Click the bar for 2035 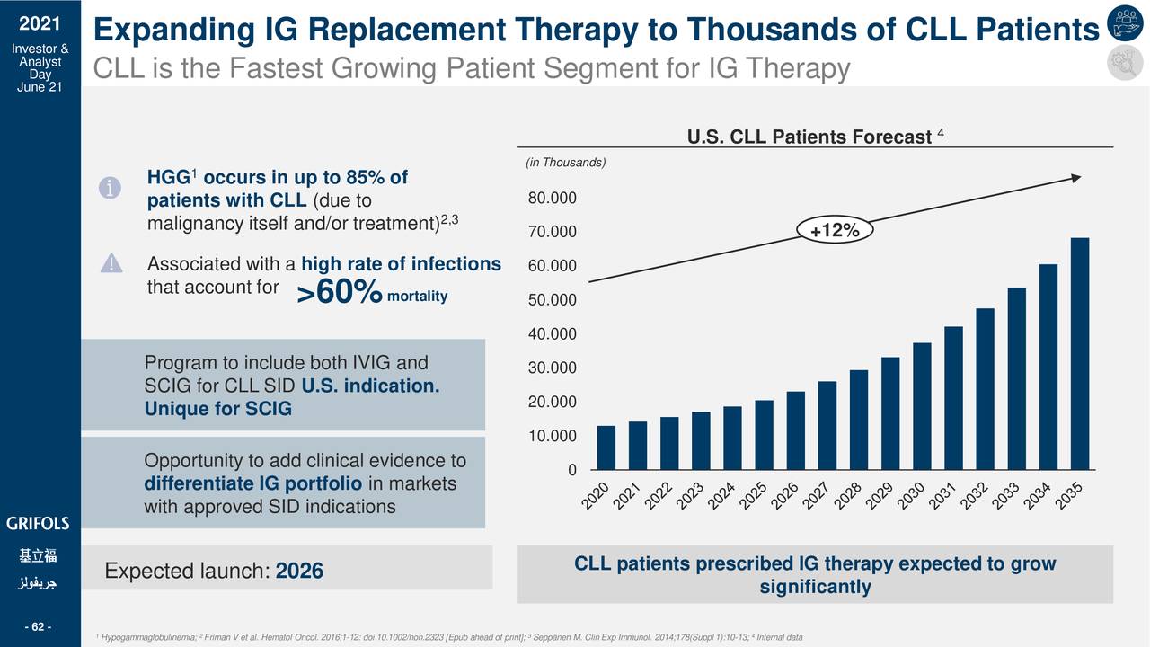pos(1080,354)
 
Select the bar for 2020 pos(606,448)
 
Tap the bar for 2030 pos(922,406)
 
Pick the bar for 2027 pos(827,425)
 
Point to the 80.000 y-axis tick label pos(552,199)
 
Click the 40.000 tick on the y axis pos(552,335)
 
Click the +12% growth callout pos(835,232)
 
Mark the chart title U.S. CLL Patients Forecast pos(809,137)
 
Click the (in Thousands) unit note pos(565,162)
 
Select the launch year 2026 pos(299,572)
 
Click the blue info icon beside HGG pos(109,188)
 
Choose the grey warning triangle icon pos(111,263)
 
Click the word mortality pos(417,297)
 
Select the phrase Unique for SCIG pos(218,410)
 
